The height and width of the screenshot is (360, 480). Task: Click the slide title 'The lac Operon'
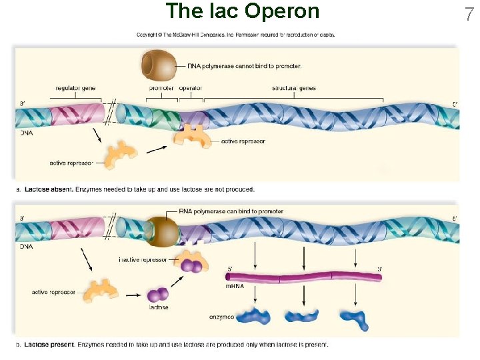[x=243, y=11]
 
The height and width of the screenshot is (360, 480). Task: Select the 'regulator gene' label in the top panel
[x=75, y=88]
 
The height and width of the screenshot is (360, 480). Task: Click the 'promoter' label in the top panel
[x=161, y=88]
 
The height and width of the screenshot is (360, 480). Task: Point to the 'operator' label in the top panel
[x=191, y=88]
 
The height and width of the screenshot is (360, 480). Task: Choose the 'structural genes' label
[x=294, y=88]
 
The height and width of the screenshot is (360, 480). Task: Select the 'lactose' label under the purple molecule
[x=159, y=307]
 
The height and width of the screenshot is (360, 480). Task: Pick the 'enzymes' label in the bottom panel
[x=222, y=317]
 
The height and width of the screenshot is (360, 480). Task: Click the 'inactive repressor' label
[x=143, y=259]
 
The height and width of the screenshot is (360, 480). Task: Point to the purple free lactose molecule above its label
[x=159, y=294]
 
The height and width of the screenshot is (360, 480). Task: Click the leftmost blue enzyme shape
[x=255, y=317]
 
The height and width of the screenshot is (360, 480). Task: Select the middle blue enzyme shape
[x=303, y=317]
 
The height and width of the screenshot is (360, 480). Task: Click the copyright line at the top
[x=235, y=35]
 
